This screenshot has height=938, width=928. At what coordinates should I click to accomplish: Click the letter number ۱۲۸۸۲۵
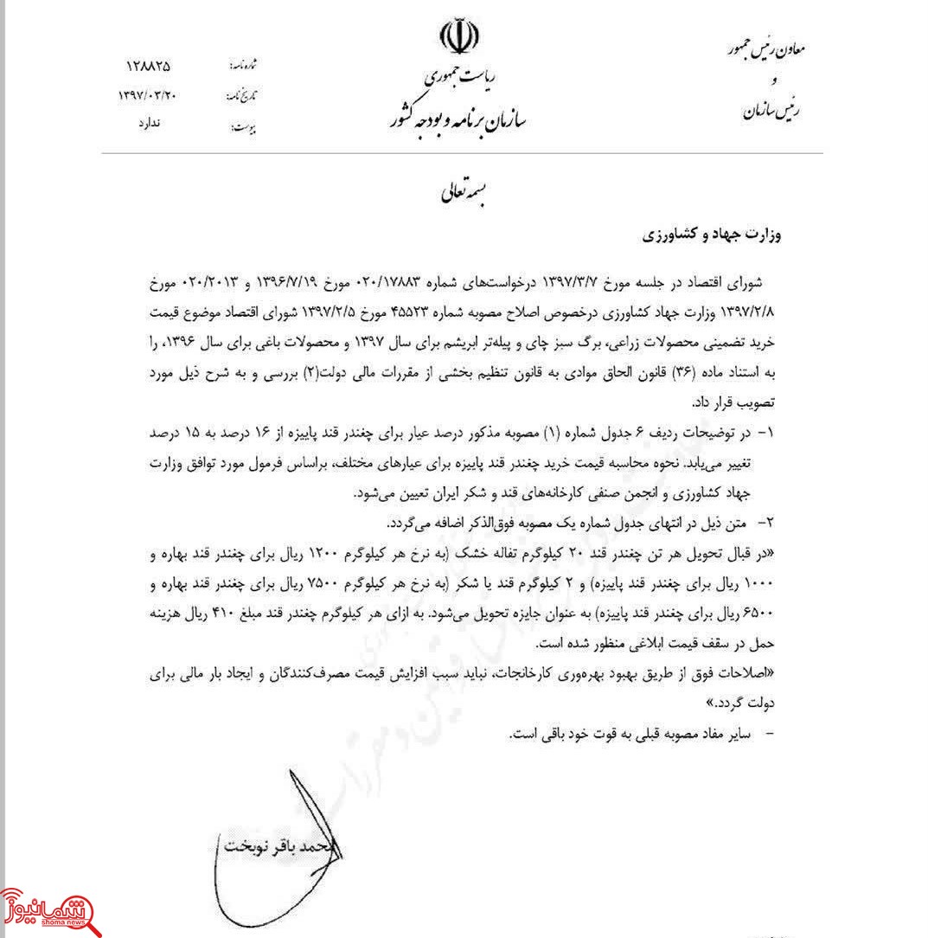click(148, 66)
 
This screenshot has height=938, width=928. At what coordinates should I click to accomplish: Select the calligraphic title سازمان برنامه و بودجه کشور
click(474, 116)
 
